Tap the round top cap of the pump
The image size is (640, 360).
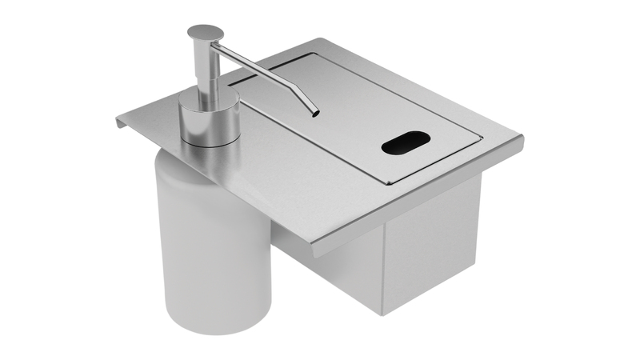pos(206,33)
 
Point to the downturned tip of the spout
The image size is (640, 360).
pos(315,112)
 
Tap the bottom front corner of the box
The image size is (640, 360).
pos(382,314)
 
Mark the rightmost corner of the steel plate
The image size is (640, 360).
pos(522,138)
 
